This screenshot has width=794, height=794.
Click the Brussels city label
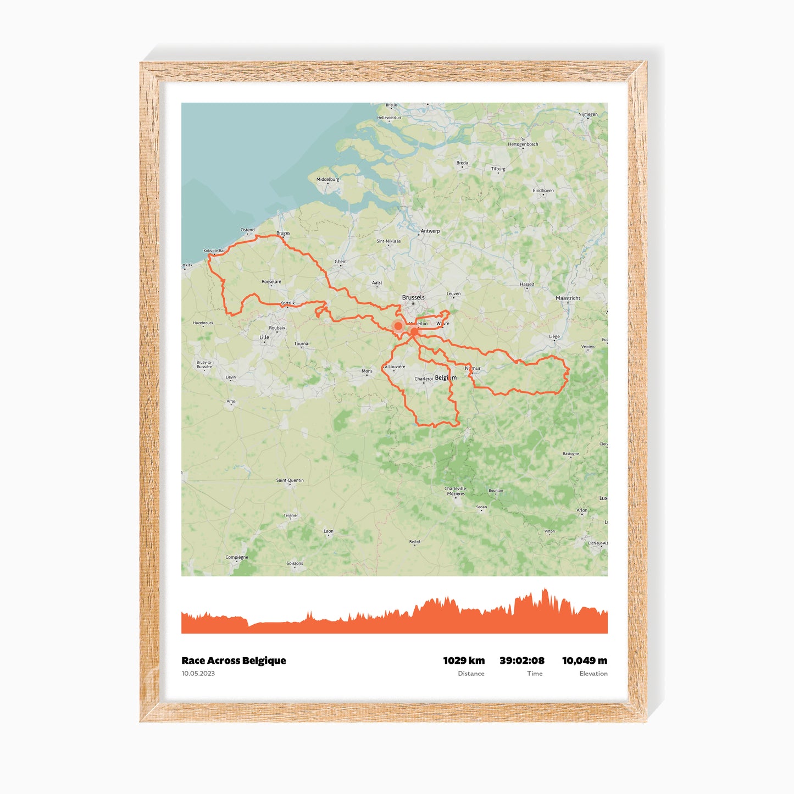pos(413,297)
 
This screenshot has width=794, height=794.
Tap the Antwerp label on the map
pos(430,231)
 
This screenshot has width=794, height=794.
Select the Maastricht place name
pos(568,298)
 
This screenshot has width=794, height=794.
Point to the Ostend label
pos(247,230)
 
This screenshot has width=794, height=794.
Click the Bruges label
pos(283,233)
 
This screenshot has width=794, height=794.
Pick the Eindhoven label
pos(543,191)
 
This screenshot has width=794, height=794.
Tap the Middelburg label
pos(328,179)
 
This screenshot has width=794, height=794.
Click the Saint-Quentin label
pos(290,480)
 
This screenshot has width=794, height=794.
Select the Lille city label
pos(264,337)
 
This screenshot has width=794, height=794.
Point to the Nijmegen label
pos(588,114)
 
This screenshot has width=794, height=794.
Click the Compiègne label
pos(237,557)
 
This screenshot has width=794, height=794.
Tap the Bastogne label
pos(571,454)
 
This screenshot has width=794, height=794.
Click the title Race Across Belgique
pos(234,660)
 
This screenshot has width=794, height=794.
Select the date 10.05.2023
pos(198,674)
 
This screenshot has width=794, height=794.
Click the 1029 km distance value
pos(464,660)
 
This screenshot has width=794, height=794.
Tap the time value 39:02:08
pos(521,660)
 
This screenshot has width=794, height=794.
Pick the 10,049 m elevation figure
pos(584,660)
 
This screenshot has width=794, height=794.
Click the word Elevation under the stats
pos(593,674)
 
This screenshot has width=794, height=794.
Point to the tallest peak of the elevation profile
pos(545,590)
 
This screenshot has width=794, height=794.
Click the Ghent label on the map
pos(341,262)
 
